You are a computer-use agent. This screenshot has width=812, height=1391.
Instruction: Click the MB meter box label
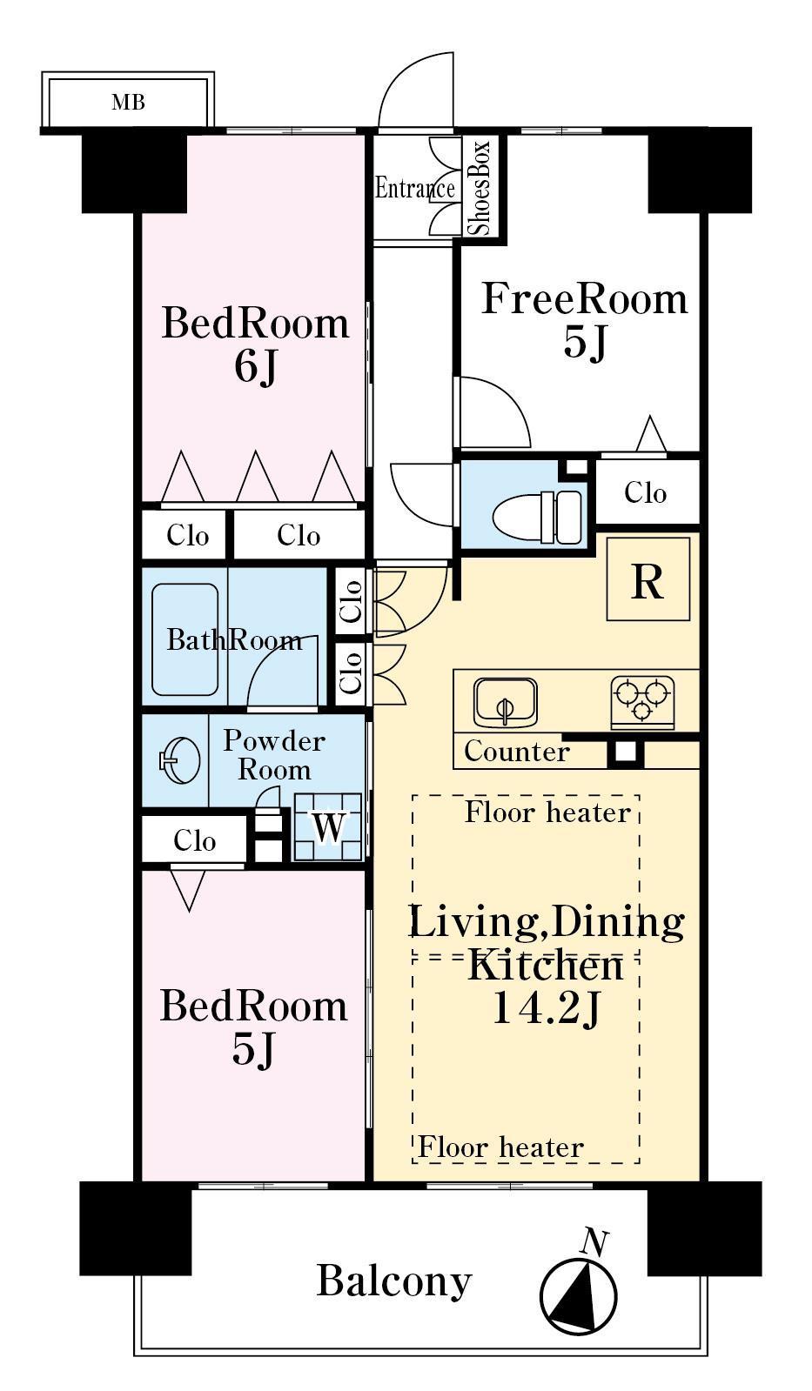(x=129, y=102)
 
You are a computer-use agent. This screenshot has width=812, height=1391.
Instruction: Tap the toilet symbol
(x=538, y=517)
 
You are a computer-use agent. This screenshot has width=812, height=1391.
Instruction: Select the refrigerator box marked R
(x=648, y=578)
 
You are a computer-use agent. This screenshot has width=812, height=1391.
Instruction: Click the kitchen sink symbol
(x=506, y=701)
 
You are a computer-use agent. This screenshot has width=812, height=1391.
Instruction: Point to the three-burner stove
(x=642, y=701)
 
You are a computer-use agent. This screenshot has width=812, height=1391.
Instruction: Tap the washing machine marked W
(x=327, y=827)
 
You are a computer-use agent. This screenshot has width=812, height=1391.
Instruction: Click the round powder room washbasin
(x=179, y=759)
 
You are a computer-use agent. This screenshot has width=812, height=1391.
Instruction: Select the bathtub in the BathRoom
(x=185, y=639)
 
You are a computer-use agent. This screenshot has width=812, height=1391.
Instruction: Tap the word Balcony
(x=394, y=1281)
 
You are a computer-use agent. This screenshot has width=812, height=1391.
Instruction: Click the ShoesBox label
(x=481, y=188)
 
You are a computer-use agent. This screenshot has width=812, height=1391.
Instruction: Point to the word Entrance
(x=415, y=188)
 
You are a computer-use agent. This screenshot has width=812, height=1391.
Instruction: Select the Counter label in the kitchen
(x=517, y=752)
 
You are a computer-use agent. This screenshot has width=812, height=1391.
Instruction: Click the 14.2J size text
(x=546, y=1008)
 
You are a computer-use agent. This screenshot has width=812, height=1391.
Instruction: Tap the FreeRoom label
(x=585, y=299)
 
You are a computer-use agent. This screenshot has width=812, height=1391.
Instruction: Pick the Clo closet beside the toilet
(x=646, y=493)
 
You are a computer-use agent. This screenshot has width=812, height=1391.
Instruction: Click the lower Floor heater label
(x=500, y=1147)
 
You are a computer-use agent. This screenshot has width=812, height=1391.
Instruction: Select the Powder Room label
(x=274, y=755)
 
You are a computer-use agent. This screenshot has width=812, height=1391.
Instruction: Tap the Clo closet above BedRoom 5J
(x=194, y=841)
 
